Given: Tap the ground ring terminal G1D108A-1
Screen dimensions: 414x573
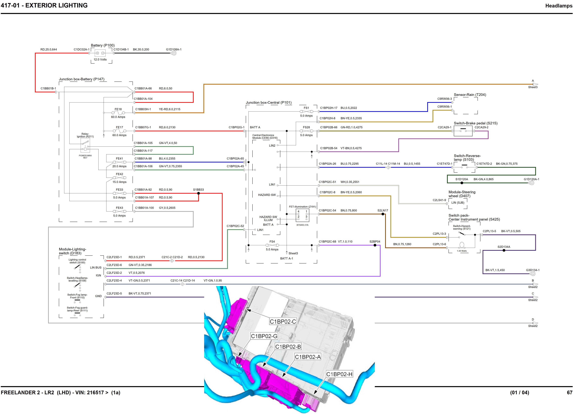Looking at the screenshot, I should [x=174, y=53].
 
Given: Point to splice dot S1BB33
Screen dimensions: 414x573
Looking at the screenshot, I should [x=199, y=193].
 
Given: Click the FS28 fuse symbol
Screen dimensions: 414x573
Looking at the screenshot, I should [x=306, y=131].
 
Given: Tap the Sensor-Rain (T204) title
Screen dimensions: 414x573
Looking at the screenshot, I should [x=470, y=95].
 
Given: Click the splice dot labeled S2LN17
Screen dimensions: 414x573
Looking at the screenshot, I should [x=383, y=214].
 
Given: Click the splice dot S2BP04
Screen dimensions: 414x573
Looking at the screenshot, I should [x=375, y=245].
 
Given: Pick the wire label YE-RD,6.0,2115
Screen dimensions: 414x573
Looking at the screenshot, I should [x=170, y=109].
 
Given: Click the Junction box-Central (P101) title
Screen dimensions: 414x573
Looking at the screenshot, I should [x=269, y=102].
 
